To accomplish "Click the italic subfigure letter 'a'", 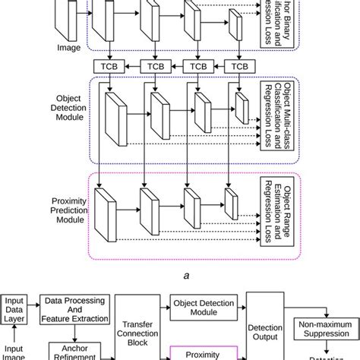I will pos(179,278).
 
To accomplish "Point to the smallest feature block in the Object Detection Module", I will pos(240,112).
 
